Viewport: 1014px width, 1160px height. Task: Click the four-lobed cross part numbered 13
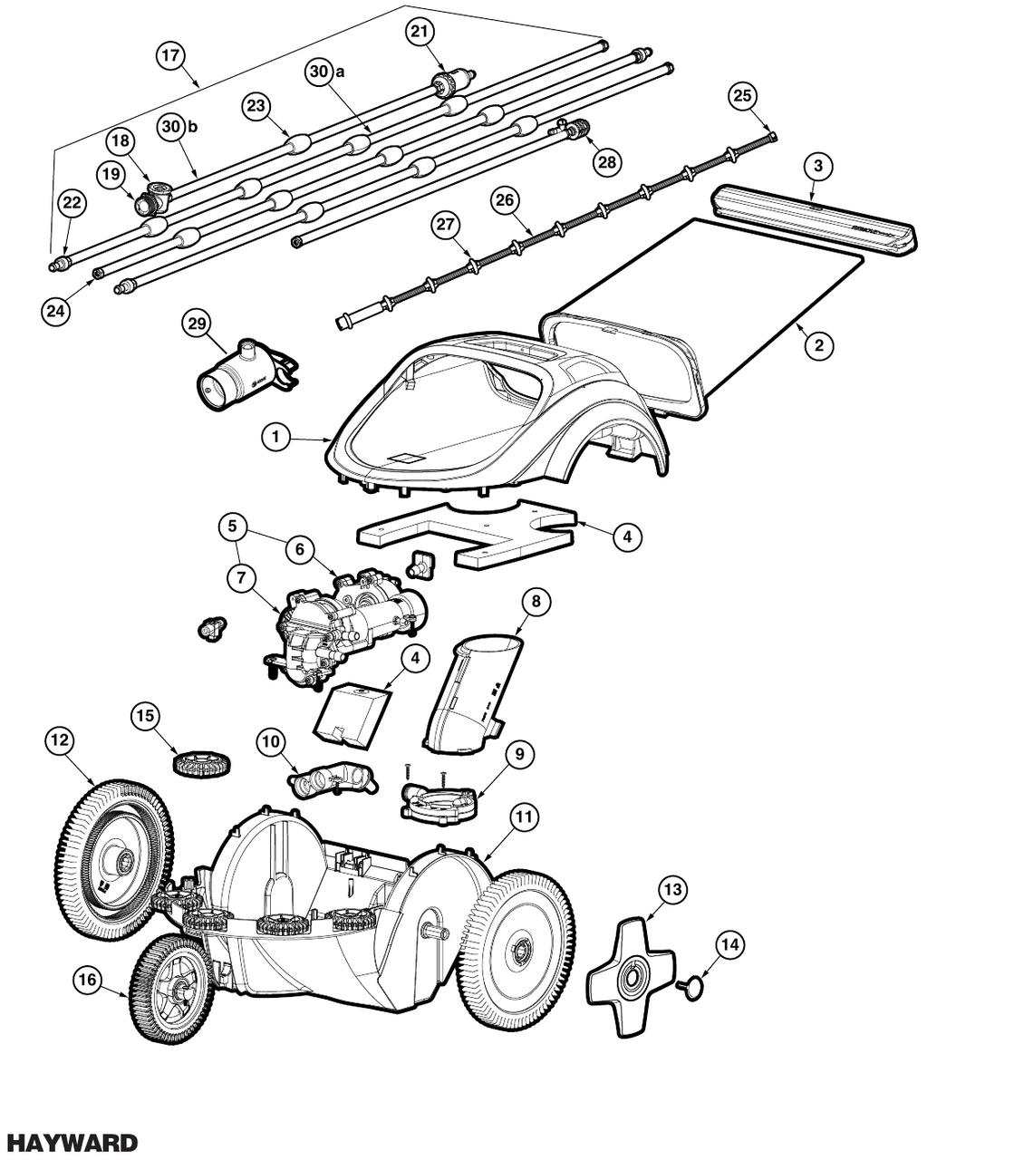pos(630,978)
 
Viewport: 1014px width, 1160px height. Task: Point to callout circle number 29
pos(195,324)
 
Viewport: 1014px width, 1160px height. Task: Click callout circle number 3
pos(818,166)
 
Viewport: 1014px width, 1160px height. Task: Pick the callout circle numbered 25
pos(742,96)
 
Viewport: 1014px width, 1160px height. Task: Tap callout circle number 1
pos(275,437)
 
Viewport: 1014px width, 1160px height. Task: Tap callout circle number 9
pos(520,753)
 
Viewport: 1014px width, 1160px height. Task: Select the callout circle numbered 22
pos(72,203)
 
